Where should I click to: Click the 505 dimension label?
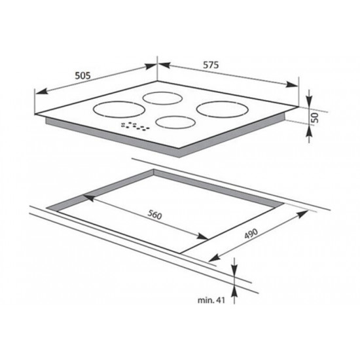click(x=83, y=75)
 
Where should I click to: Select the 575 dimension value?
click(x=211, y=65)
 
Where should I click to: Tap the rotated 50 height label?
click(x=315, y=118)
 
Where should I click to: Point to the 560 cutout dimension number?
click(x=154, y=215)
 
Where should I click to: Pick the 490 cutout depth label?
click(x=251, y=234)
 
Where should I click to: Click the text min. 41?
click(x=211, y=300)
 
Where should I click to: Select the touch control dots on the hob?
click(x=135, y=126)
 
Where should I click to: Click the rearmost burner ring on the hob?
click(x=162, y=98)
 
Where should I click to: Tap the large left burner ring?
click(x=118, y=117)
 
